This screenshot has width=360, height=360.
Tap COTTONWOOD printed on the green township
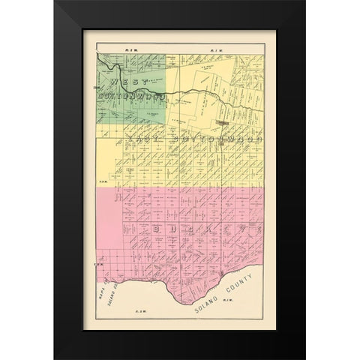coord(131,96)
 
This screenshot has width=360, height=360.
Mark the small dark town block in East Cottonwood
coord(223,120)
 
